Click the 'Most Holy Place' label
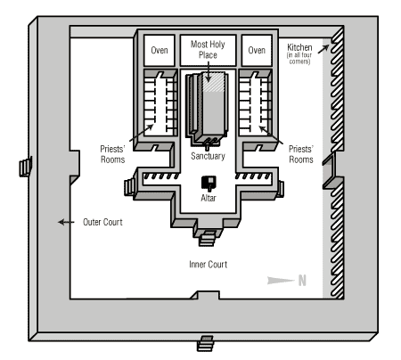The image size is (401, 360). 208,50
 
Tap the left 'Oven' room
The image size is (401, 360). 160,50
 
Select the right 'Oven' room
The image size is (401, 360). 257,50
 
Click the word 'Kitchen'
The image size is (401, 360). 299,47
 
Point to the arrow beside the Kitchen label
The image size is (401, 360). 323,49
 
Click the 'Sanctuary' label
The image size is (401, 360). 208,156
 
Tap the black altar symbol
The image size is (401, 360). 209,184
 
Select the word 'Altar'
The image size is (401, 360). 209,198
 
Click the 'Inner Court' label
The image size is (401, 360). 208,265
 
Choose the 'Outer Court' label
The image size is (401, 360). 102,222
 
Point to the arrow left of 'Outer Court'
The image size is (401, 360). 66,222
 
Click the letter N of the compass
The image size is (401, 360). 302,281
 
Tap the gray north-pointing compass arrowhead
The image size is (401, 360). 281,281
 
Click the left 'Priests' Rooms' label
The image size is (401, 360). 112,154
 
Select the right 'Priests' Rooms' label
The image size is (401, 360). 301,154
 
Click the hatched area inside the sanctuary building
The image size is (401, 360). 213,82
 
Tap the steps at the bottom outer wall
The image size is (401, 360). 206,344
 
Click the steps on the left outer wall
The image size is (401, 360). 26,168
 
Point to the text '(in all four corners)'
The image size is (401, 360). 299,58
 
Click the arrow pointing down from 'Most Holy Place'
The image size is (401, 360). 208,71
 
